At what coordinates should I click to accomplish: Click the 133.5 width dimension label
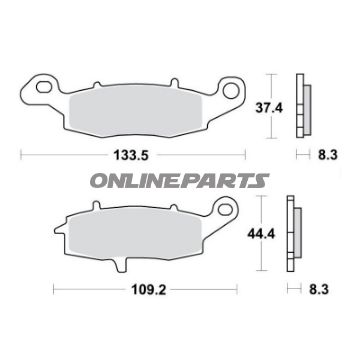tap(131, 155)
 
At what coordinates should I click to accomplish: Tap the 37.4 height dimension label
tap(269, 108)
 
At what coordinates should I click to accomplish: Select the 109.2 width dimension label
tap(149, 290)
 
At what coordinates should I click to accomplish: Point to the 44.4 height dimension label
tap(261, 234)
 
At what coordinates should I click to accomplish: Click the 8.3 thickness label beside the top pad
tap(327, 155)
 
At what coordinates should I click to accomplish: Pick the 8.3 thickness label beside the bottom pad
tap(319, 290)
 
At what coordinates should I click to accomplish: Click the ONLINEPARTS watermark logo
tap(180, 180)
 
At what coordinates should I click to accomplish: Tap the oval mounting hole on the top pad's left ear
tap(44, 87)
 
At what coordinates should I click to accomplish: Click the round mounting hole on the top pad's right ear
tap(231, 90)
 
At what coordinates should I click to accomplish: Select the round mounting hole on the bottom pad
tap(225, 209)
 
